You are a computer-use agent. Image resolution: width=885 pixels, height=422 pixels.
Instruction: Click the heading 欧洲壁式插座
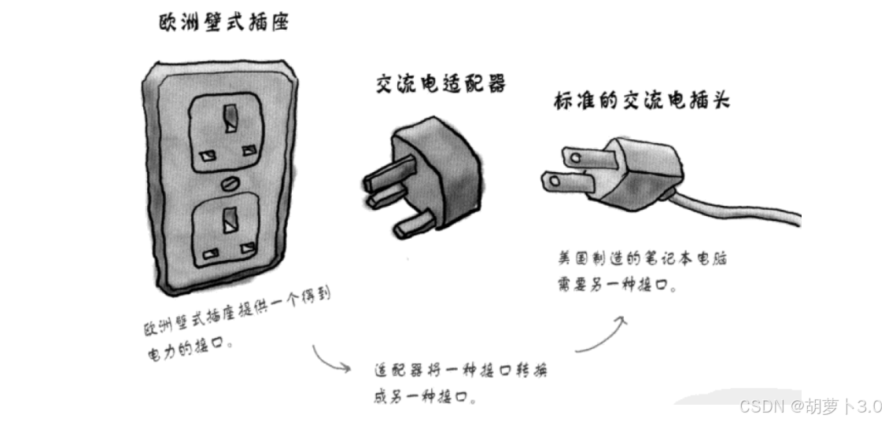click(x=223, y=23)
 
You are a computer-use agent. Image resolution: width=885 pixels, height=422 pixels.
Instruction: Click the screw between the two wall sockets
click(x=230, y=182)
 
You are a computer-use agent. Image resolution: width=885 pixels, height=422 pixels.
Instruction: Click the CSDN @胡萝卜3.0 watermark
click(x=809, y=405)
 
